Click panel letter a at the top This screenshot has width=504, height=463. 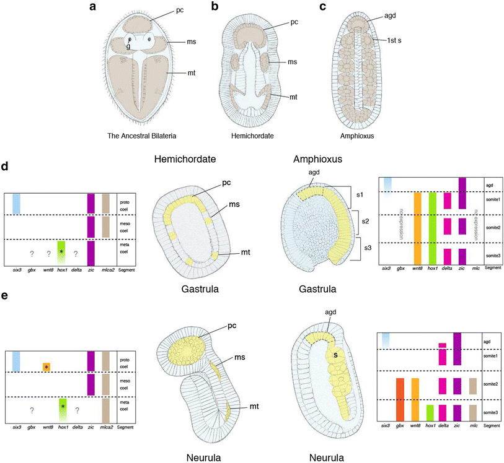point(92,7)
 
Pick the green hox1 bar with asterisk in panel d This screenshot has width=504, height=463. point(61,255)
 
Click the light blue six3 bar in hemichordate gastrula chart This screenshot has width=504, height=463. point(17,204)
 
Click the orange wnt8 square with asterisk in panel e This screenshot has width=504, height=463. point(46,366)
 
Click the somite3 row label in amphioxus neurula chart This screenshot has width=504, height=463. point(492,413)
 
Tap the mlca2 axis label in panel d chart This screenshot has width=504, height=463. point(106,271)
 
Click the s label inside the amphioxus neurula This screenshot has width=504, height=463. point(334,355)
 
